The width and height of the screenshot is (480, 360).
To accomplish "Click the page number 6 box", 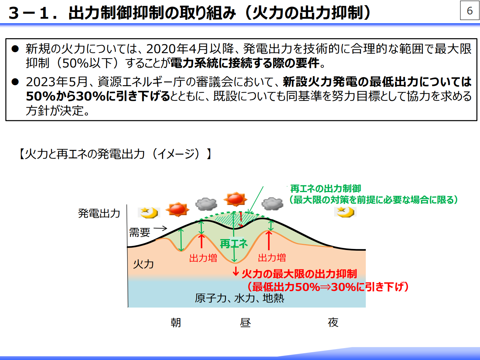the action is click(x=469, y=11).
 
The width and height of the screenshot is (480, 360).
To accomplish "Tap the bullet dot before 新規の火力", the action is click(x=15, y=49).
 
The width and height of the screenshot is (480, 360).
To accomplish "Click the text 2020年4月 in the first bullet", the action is click(x=177, y=49).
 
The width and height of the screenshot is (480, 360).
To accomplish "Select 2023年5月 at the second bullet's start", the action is click(x=57, y=82).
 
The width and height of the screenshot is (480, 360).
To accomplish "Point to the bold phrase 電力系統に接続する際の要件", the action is click(x=245, y=63).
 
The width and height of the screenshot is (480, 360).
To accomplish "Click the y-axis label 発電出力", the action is click(x=99, y=213).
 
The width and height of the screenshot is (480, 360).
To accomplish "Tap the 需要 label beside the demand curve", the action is click(x=139, y=232).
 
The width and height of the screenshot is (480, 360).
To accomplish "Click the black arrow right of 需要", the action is click(x=160, y=229).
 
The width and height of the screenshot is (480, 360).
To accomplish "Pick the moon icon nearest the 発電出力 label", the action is click(x=149, y=213).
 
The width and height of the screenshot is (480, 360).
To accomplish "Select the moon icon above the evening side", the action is click(x=345, y=212).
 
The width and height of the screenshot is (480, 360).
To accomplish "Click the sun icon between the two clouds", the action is click(x=235, y=199).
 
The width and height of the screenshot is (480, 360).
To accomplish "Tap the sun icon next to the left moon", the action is click(x=177, y=209).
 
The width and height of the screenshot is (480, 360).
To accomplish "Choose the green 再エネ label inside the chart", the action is click(x=234, y=244).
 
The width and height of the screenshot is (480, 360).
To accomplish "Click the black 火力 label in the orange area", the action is click(x=144, y=264).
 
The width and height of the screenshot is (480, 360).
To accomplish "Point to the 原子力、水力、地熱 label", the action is click(x=239, y=298).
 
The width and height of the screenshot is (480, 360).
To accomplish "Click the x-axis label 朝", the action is click(x=176, y=323).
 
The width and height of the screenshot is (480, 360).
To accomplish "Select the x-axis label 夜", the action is click(x=333, y=323).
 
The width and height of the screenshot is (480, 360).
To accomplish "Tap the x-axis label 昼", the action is click(x=245, y=323).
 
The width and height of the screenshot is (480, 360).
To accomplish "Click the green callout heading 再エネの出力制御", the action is click(x=325, y=189).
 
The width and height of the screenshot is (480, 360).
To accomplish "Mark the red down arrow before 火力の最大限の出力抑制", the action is click(x=236, y=271).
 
